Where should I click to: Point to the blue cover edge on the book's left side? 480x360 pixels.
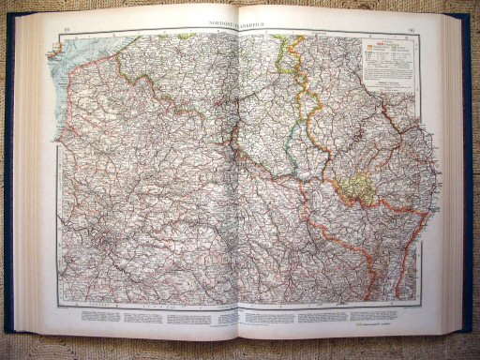pyautogui.click(x=8, y=187)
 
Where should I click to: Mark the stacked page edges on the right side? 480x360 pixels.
pyautogui.click(x=454, y=178)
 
